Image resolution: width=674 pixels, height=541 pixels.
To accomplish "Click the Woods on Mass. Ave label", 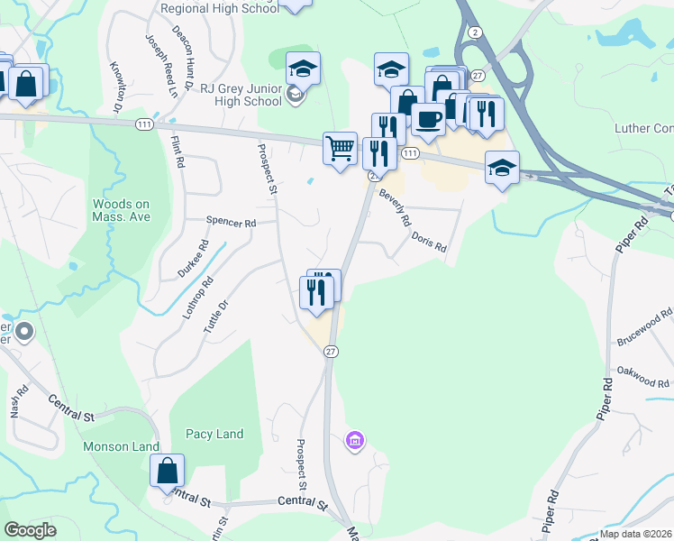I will [120, 211].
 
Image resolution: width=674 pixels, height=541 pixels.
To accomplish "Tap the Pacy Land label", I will [214, 434].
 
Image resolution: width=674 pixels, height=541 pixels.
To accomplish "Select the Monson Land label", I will [121, 446].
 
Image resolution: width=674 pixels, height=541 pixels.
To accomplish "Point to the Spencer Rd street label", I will [231, 221].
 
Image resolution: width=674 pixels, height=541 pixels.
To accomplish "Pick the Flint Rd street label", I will [178, 151].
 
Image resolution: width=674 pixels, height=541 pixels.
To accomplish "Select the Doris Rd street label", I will [429, 241].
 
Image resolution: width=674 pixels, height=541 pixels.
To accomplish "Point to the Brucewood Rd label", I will [645, 327].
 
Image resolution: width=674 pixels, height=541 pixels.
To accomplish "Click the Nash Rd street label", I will [15, 401].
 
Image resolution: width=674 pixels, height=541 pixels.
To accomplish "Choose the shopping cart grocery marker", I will [339, 147].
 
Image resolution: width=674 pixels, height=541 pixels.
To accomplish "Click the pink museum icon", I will [355, 441].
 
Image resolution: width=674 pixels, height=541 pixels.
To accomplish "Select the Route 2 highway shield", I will [474, 32].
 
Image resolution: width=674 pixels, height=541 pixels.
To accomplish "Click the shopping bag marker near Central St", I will [167, 470].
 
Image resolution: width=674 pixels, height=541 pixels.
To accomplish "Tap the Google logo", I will [31, 530].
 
